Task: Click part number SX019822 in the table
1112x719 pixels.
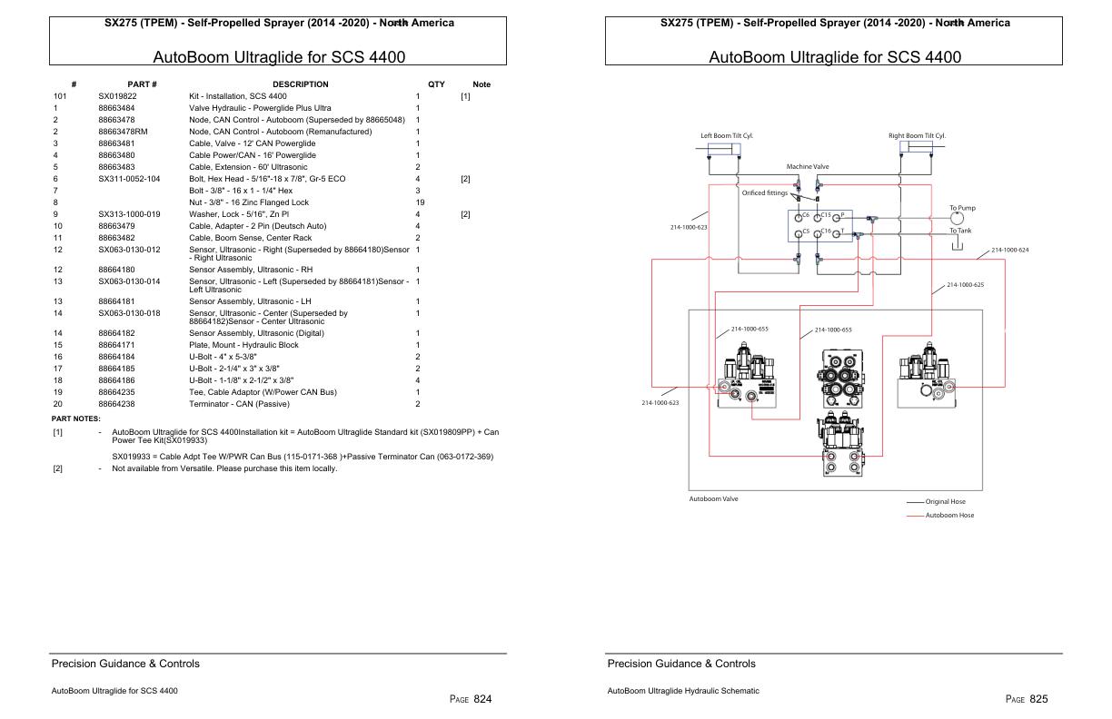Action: (x=117, y=96)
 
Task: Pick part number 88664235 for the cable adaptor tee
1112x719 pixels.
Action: (x=117, y=392)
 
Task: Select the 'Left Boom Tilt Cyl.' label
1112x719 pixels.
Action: (x=726, y=135)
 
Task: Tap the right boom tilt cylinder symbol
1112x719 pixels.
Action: (x=916, y=149)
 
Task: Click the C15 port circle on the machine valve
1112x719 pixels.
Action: (x=819, y=217)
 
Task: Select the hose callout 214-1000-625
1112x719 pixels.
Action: (x=965, y=284)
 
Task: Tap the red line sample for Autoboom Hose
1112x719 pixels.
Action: (x=915, y=516)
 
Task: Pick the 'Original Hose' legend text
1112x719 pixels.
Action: (x=945, y=502)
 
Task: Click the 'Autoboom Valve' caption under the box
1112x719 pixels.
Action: (x=713, y=498)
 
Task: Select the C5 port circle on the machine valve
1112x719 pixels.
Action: (x=799, y=233)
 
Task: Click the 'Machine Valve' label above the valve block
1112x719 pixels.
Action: (x=807, y=167)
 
